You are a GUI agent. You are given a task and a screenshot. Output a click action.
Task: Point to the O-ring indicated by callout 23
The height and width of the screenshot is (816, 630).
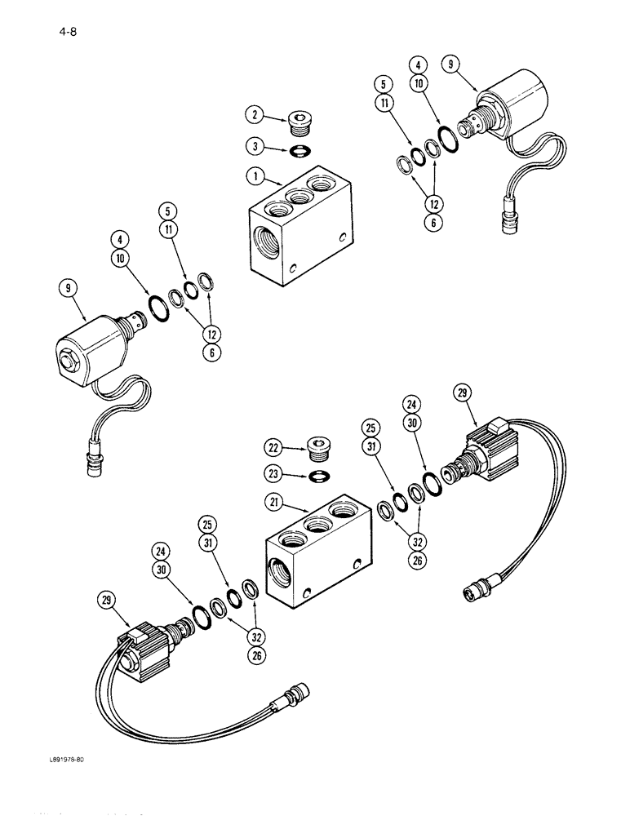click(x=319, y=475)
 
